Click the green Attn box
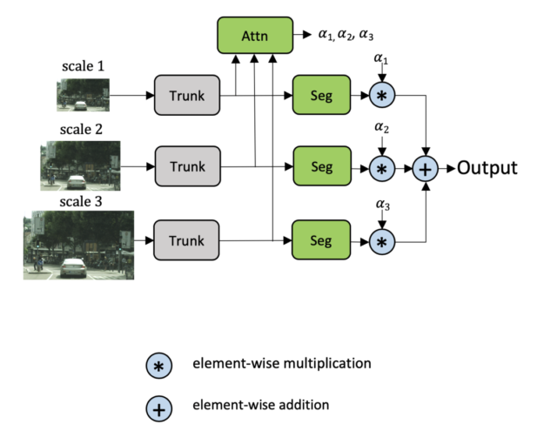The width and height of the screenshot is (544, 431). (255, 36)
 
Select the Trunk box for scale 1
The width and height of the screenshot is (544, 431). (187, 95)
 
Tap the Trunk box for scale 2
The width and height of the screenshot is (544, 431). (188, 166)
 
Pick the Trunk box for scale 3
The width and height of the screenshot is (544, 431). (186, 240)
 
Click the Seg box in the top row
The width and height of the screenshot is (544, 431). (321, 95)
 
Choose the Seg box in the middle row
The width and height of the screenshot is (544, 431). (322, 166)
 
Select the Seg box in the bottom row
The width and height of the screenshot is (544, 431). (321, 239)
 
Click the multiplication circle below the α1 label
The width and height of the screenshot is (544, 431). (382, 95)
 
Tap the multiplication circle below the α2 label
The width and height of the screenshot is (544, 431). (382, 169)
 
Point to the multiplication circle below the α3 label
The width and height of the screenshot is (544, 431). (382, 242)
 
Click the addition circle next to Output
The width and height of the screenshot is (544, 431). (426, 169)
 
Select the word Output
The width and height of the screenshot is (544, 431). (487, 168)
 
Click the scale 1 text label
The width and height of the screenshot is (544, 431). (83, 66)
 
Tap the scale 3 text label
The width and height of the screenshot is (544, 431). (81, 202)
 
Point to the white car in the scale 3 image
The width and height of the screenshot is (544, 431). (73, 267)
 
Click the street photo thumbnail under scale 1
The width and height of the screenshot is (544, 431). (84, 95)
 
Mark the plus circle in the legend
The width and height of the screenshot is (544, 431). (159, 409)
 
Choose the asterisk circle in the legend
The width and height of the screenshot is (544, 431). (159, 366)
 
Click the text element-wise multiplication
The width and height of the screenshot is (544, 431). (282, 363)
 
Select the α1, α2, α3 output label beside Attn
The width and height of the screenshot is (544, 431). (346, 35)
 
